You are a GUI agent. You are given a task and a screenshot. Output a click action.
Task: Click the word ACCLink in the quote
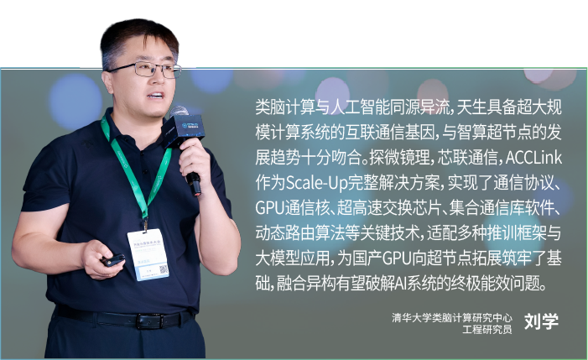pos(533,158)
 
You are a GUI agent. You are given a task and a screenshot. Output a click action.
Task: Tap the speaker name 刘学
pos(541,321)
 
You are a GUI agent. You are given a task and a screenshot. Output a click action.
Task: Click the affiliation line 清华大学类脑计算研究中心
pos(452,318)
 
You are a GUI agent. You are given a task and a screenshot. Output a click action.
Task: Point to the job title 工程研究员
pos(487,329)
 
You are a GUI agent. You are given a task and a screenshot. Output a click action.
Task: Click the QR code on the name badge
pos(163,269)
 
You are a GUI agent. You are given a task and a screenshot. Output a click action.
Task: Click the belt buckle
pos(149,321)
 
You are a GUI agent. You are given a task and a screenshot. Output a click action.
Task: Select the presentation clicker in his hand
pos(112,259)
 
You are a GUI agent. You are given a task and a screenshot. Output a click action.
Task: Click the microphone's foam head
pos(179,112)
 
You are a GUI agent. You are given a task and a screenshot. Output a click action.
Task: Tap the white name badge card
pos(148,253)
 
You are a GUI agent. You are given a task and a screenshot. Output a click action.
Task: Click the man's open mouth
pos(155,96)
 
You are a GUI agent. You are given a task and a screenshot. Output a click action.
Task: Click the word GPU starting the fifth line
pos(269,208)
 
